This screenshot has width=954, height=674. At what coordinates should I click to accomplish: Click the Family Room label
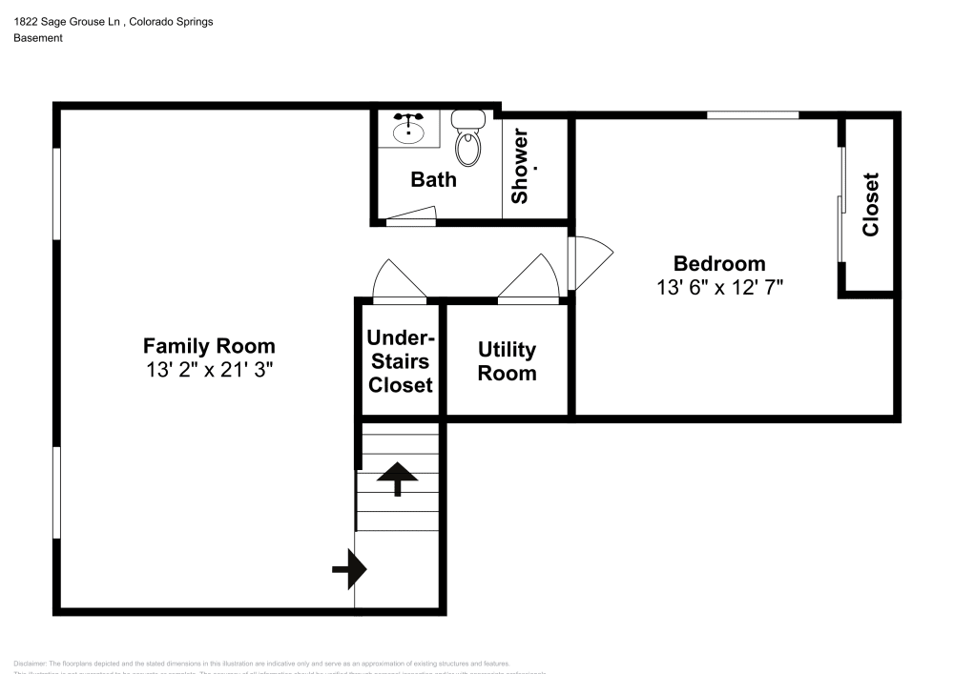point(209,346)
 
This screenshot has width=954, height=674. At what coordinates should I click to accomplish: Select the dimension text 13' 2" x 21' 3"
point(209,370)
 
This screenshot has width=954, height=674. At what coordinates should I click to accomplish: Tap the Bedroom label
point(719,263)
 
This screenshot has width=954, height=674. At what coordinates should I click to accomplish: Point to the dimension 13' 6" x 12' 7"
point(719,287)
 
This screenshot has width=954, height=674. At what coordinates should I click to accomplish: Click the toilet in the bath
point(467,138)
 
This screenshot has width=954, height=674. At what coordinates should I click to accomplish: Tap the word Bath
point(433,179)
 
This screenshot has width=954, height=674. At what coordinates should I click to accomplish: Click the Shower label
point(521,166)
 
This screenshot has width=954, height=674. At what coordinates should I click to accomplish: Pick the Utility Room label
point(507,361)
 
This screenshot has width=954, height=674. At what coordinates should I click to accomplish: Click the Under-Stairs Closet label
point(401,361)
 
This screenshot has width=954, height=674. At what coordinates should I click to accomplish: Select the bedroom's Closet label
point(869,204)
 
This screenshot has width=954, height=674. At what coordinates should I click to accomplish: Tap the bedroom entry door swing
point(589,264)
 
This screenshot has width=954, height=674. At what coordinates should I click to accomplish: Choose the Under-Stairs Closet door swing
point(398,280)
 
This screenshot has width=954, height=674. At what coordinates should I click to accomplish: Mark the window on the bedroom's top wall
point(753,115)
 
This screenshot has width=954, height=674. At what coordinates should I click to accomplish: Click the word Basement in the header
point(38,38)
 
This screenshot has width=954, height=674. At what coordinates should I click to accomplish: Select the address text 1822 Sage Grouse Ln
point(63,21)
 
